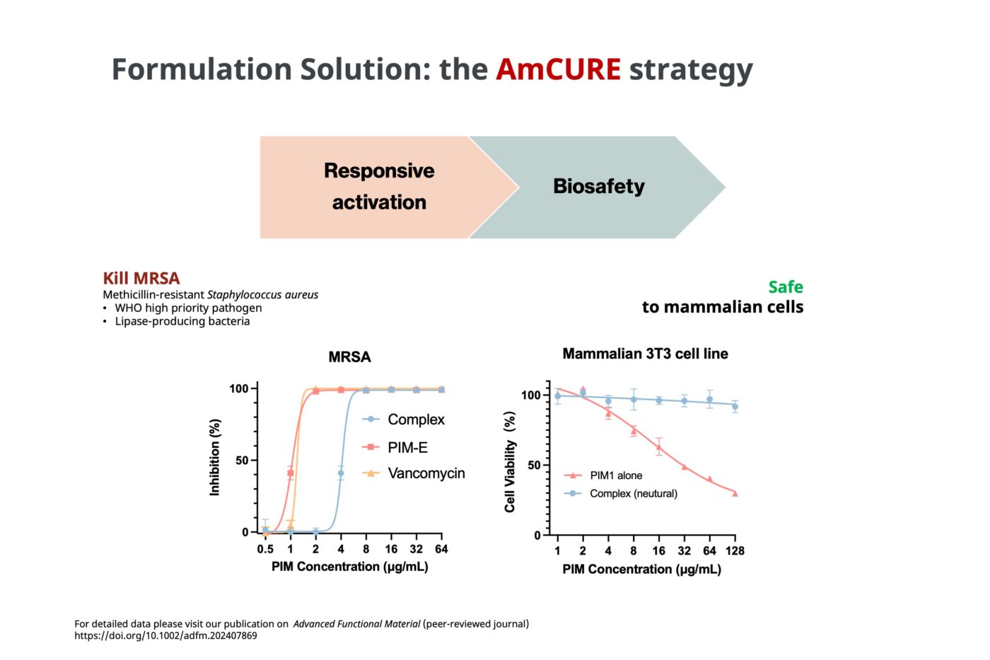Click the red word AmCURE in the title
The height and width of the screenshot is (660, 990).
coord(558,69)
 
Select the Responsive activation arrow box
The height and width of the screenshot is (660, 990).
coord(379,187)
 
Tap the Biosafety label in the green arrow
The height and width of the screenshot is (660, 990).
coord(598,186)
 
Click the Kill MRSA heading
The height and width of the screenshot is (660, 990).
coord(141,278)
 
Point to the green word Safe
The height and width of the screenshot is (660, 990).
coord(785,286)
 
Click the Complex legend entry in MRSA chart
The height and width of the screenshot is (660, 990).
coord(415,419)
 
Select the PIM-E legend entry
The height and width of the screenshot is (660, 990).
coord(407,447)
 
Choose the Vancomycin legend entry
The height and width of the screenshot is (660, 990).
coord(425,473)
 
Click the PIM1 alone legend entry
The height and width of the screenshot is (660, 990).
coord(615,475)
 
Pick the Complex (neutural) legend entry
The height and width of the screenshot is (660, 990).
coord(633,493)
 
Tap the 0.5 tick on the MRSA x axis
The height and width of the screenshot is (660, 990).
coord(265,549)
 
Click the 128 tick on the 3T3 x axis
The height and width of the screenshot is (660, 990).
coord(735,550)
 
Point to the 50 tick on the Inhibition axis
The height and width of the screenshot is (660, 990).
coord(242,461)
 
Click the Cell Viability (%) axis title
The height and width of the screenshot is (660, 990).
coord(510,461)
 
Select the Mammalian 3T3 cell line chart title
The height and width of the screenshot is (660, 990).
coord(645,354)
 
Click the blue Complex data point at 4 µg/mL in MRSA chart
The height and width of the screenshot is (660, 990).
coord(341,473)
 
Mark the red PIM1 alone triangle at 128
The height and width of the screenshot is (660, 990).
coord(735,493)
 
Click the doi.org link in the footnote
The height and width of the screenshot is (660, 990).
coord(165,636)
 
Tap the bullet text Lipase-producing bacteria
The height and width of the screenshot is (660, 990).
coord(182,321)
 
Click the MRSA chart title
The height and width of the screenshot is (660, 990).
coord(349,357)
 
